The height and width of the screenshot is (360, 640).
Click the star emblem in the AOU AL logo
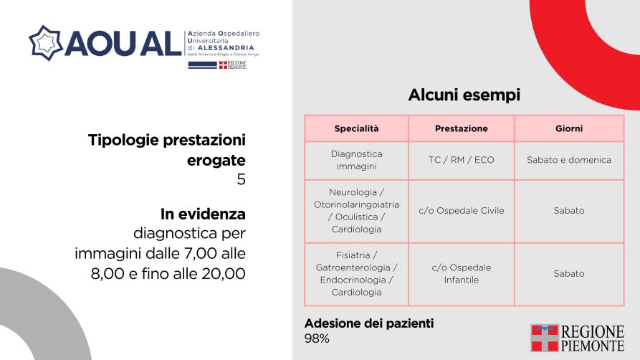point(46,43)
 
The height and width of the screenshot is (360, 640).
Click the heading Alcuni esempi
point(464,95)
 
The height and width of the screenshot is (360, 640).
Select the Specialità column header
point(356,128)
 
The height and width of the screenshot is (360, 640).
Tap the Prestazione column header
point(462,128)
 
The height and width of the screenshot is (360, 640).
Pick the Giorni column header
point(569,128)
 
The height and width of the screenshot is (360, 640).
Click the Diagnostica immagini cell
point(356,160)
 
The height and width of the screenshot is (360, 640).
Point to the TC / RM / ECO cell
point(462,160)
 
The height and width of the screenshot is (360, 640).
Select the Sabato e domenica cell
point(569,160)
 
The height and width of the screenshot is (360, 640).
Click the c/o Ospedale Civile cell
point(462,211)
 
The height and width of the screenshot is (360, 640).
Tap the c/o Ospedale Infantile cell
point(462,274)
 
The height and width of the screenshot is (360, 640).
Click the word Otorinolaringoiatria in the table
point(356,204)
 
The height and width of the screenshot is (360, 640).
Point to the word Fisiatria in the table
point(353,255)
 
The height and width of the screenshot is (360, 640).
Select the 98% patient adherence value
point(317,338)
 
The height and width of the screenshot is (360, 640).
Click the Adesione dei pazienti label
point(369,323)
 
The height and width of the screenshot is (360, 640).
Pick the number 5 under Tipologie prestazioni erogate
point(242,179)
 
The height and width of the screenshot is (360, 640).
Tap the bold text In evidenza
point(203,214)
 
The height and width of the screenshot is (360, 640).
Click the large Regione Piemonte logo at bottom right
point(578,338)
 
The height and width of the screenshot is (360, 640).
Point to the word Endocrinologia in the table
point(353,280)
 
